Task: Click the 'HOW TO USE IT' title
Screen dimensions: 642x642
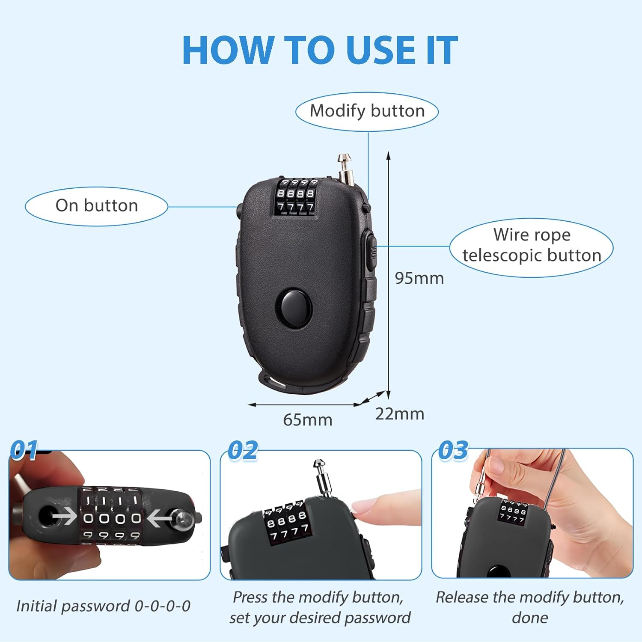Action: (x=320, y=50)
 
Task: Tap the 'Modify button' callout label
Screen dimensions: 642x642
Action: (x=367, y=111)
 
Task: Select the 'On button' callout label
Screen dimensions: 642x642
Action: (x=97, y=205)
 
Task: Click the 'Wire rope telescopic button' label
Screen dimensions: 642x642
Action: (x=532, y=245)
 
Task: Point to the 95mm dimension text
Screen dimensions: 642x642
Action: (x=419, y=278)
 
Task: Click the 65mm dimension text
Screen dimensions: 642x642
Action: (x=308, y=420)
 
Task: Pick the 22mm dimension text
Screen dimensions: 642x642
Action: (x=400, y=414)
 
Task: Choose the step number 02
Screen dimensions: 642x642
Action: (x=243, y=450)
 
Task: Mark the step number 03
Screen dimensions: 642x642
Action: (x=453, y=450)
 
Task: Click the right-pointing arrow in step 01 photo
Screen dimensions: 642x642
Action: (x=64, y=517)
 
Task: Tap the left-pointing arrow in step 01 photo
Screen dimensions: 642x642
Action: (x=159, y=518)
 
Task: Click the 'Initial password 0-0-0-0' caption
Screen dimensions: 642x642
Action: (x=103, y=606)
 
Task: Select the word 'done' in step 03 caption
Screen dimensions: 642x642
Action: (x=530, y=618)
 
